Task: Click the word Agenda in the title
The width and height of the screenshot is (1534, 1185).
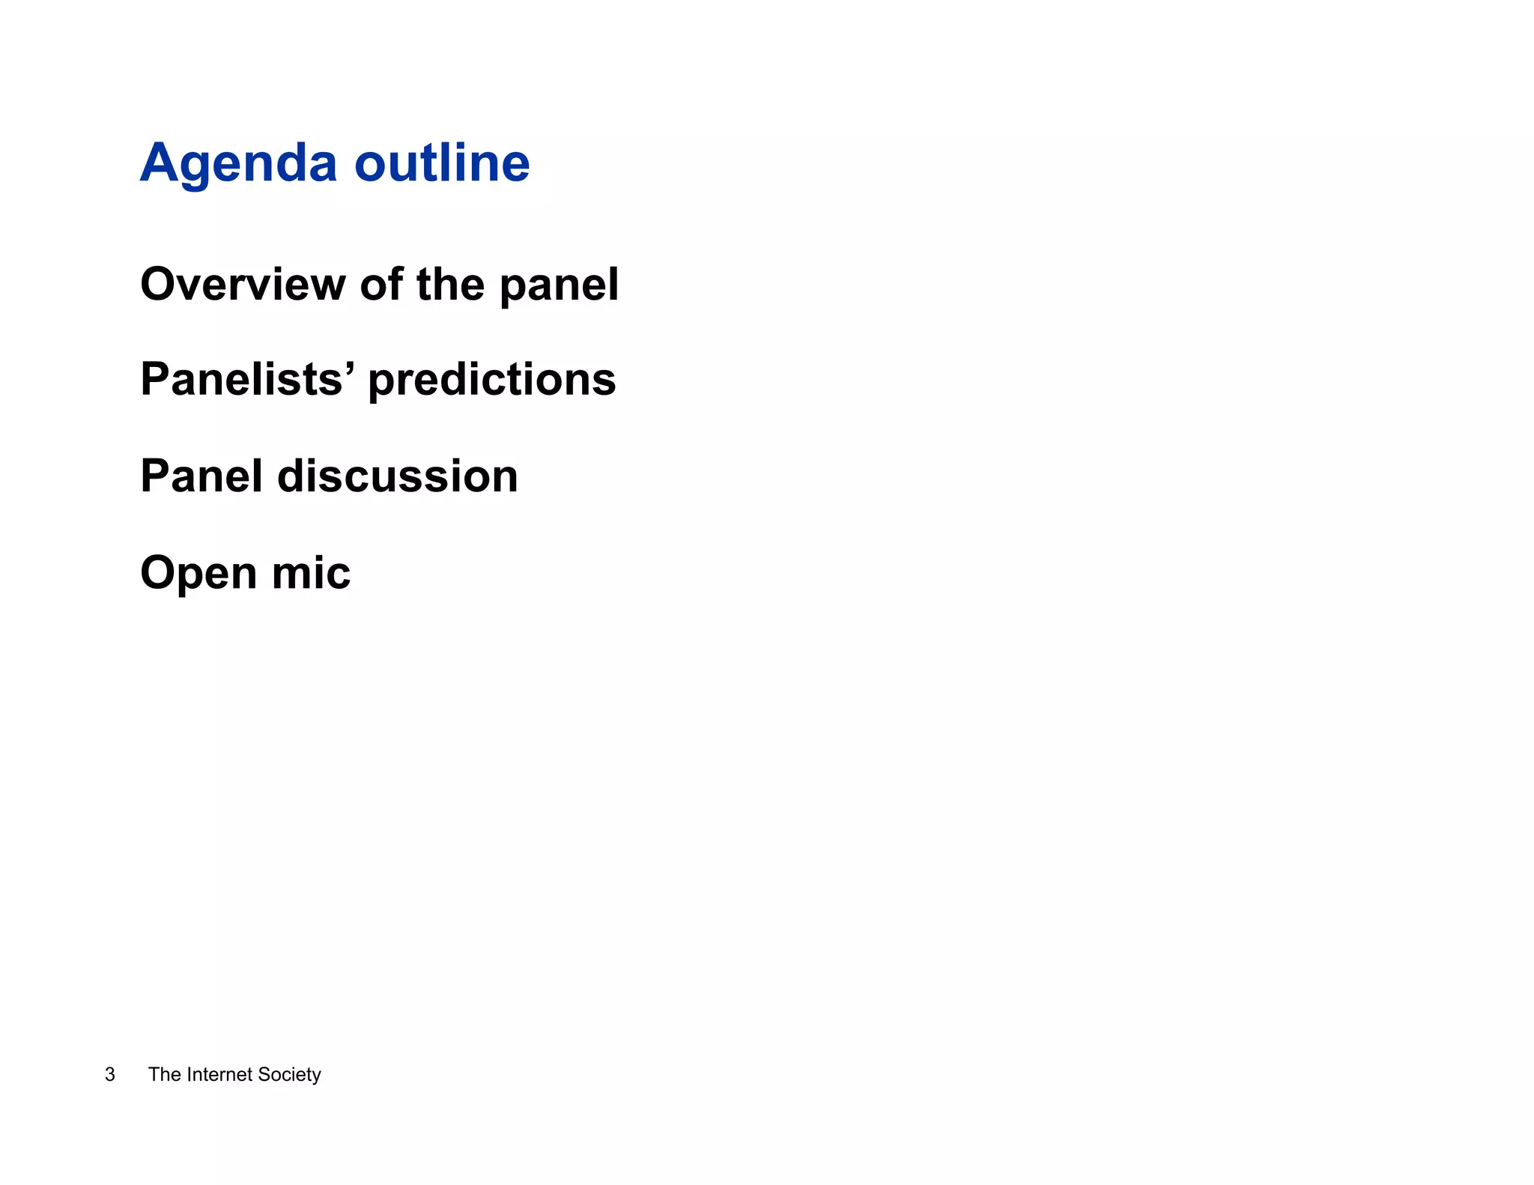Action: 238,165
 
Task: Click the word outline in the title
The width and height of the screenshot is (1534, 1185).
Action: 442,163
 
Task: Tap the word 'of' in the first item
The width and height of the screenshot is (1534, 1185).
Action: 381,285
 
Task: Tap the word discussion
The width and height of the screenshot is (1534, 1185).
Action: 398,476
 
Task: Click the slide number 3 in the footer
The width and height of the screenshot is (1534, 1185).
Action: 110,1074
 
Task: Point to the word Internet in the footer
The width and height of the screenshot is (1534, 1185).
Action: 219,1074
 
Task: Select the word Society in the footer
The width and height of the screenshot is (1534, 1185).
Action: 289,1075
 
